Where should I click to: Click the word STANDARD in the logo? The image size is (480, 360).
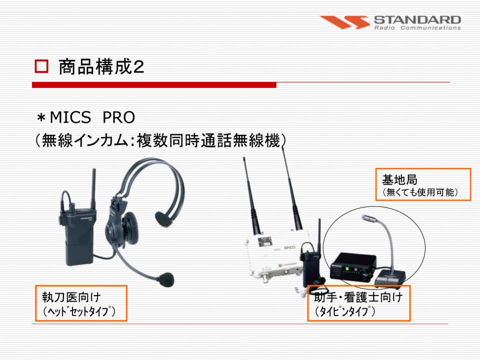pos(417,20)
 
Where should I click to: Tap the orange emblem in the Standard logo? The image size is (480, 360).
pos(344,22)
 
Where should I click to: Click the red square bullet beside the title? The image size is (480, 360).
pos(41,66)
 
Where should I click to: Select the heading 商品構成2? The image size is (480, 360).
pos(101,66)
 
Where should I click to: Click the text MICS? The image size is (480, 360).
pos(70,117)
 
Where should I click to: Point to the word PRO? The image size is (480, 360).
pos(119,117)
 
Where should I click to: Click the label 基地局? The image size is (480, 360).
pos(399,179)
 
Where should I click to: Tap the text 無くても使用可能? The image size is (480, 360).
pos(420,192)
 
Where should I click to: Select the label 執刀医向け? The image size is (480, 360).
pos(71,297)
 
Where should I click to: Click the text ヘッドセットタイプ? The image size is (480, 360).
pos(79,311)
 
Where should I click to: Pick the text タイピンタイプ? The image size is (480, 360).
pos(345,311)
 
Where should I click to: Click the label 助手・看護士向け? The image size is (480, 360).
pos(358,297)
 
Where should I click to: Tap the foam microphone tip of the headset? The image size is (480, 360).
pos(165,280)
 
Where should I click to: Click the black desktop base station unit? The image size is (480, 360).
pos(353,266)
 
